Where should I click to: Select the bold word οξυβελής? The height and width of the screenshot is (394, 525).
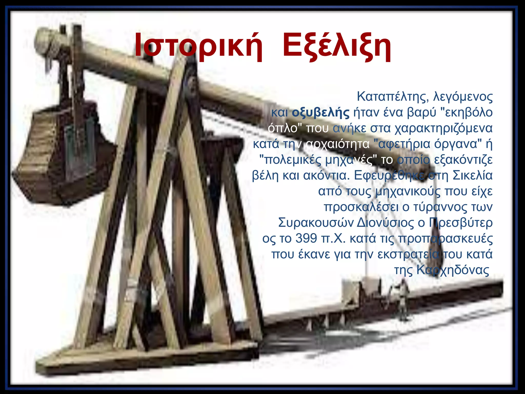click(x=320, y=113)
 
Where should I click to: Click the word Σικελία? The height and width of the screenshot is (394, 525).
click(x=472, y=176)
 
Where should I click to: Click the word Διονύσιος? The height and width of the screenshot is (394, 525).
click(x=385, y=223)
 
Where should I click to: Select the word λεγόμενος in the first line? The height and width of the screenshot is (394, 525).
click(x=463, y=97)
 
